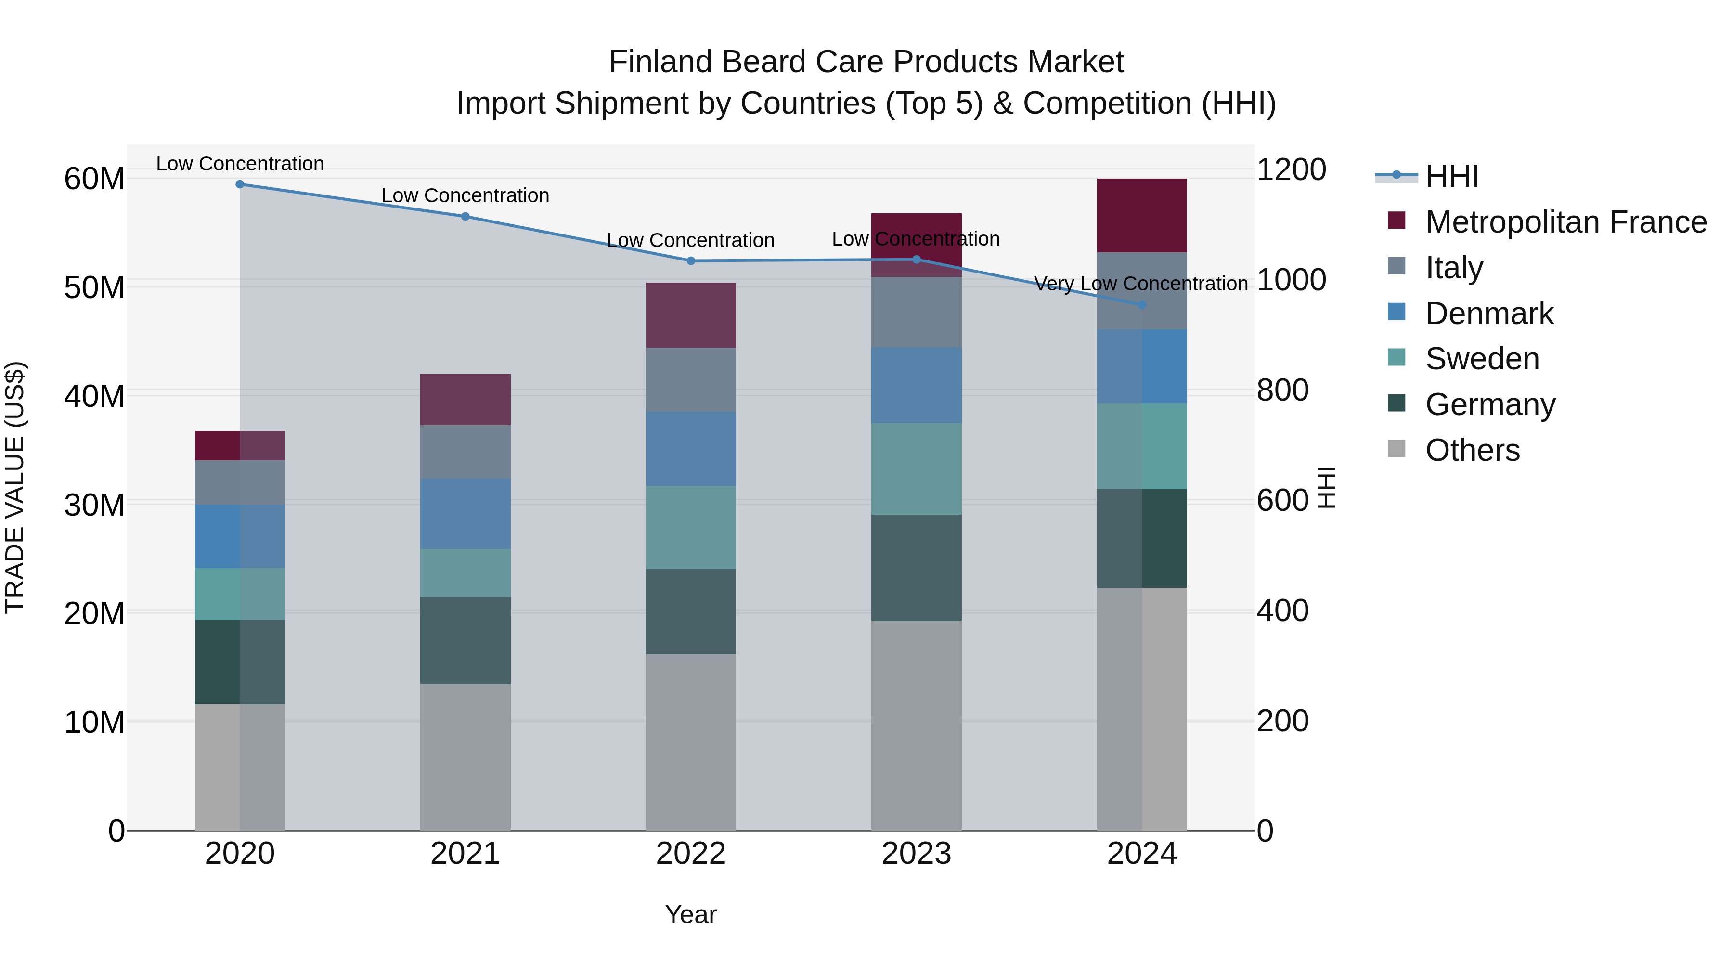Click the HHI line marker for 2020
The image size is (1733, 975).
tap(240, 184)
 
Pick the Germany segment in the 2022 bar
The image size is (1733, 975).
tap(690, 611)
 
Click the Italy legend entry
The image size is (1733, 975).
tap(1453, 267)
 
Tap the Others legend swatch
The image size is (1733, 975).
tap(1396, 449)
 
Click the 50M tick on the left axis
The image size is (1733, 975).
tap(94, 287)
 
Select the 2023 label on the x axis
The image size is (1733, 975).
tap(916, 854)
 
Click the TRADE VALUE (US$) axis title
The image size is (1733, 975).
tap(15, 487)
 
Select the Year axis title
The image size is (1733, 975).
tap(690, 914)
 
